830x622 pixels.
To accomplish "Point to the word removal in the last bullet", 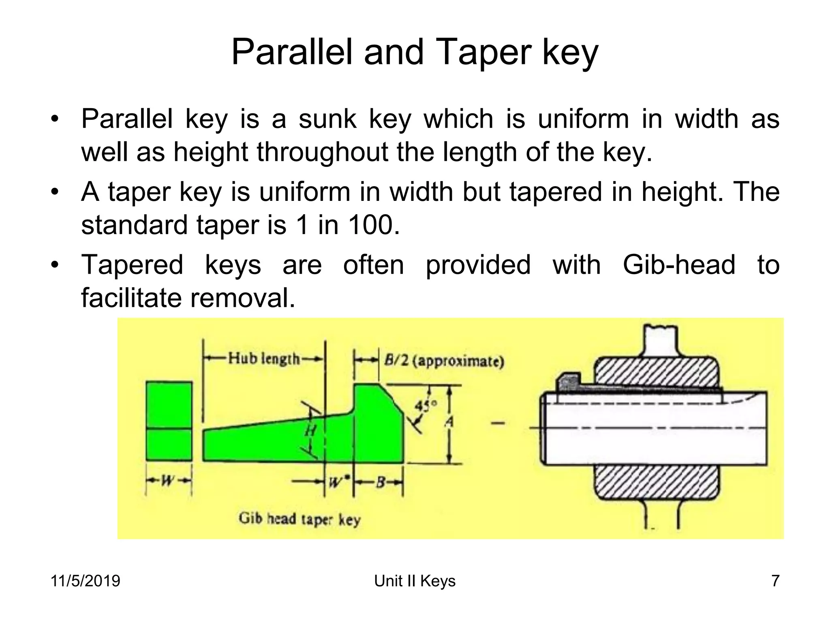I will [x=242, y=298].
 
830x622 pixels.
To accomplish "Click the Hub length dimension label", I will [x=264, y=359].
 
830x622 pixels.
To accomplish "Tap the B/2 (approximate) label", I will [x=444, y=360].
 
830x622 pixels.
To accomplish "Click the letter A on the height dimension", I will [x=449, y=422].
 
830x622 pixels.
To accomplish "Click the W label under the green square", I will [x=167, y=481].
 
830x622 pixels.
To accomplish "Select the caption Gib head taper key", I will [x=299, y=519].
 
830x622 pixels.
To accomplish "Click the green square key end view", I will [x=169, y=421].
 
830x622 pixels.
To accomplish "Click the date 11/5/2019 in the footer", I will [x=86, y=581].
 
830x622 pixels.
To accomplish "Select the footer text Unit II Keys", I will [x=415, y=581].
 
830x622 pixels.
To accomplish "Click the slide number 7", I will [x=775, y=581].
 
